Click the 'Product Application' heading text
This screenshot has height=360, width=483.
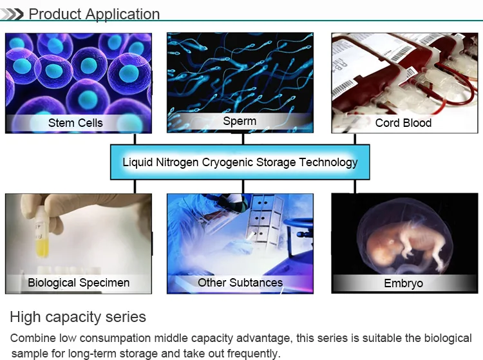(94, 14)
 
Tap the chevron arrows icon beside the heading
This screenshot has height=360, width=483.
(12, 14)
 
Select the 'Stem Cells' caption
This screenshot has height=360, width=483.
(75, 123)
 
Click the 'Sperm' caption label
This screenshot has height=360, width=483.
(240, 121)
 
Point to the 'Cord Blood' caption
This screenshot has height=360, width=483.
(403, 123)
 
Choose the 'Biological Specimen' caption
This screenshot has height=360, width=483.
(79, 283)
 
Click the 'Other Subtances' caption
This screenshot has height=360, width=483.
(240, 282)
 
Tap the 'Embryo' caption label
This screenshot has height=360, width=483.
(403, 283)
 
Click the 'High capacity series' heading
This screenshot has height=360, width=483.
(78, 317)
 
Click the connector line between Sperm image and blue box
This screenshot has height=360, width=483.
(243, 139)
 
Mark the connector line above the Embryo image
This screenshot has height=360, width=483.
(355, 187)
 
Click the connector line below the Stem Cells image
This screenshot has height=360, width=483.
(135, 139)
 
